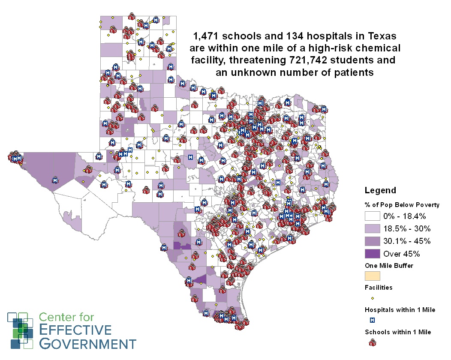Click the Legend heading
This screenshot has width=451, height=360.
pos(380,190)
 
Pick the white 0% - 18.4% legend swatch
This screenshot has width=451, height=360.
pos(372,216)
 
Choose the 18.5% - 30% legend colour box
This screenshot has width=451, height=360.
pos(372,228)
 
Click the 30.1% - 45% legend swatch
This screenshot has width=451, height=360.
pos(372,241)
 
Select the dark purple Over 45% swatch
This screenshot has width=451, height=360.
pos(372,253)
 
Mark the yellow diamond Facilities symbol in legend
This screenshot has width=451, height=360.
pos(372,298)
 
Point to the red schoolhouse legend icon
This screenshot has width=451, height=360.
pos(372,342)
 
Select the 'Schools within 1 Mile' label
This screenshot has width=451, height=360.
pos(398,332)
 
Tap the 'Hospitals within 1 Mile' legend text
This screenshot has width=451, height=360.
pos(400,310)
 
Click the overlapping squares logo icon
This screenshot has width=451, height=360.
pos(21,330)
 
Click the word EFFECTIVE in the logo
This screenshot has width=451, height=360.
pos(75,330)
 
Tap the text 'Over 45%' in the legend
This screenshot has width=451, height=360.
pos(401,253)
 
